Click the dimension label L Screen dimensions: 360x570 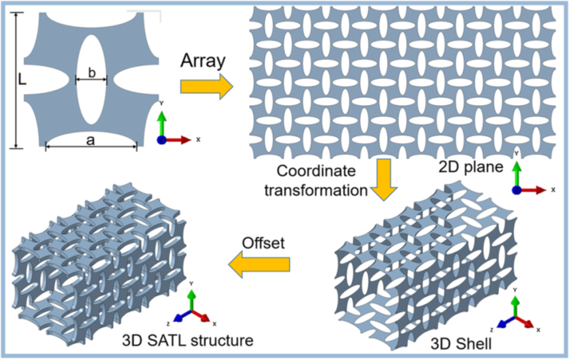click(23, 79)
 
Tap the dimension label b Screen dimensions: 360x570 click(91, 69)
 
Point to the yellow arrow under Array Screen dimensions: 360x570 click(206, 86)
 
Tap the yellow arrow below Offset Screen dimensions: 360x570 click(260, 265)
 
